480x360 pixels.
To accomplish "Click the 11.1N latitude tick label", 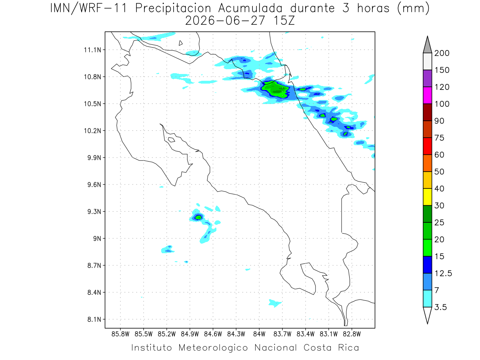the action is click(92, 50).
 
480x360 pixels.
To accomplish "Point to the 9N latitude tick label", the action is click(97, 238).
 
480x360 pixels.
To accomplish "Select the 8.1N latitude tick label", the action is click(94, 319).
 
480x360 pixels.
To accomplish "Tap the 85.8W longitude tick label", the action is click(120, 334).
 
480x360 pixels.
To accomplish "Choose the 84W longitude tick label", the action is click(259, 334).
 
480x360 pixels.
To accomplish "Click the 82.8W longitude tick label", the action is click(352, 334).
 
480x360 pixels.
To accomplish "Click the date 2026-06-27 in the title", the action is click(225, 21).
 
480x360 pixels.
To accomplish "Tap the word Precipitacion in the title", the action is click(173, 8).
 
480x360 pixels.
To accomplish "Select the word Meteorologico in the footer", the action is click(213, 348).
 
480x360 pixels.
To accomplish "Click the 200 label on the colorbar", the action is click(442, 53).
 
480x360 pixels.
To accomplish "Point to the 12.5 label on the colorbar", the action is click(443, 274).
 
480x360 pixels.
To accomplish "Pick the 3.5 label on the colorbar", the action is click(440, 307).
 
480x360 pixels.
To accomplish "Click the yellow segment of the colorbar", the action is click(427, 197).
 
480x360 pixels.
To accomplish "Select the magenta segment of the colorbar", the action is click(427, 95).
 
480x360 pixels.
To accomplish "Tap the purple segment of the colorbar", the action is click(427, 78).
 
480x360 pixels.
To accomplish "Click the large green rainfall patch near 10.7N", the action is click(275, 89).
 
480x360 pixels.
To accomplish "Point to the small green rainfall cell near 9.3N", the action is click(198, 217).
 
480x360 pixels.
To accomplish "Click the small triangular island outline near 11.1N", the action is click(180, 43).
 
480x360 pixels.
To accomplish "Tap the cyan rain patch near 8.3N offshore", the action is click(275, 303).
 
